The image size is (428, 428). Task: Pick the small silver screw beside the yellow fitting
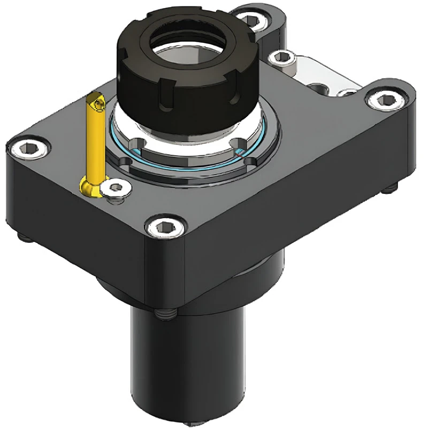(x=115, y=188)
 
